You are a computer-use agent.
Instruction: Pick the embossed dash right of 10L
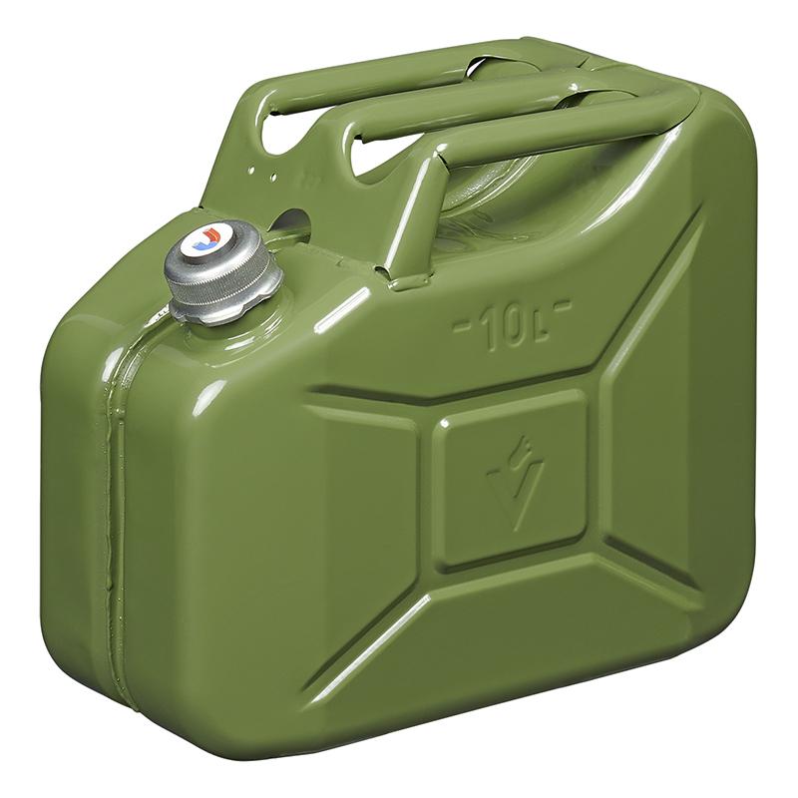point(562,307)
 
